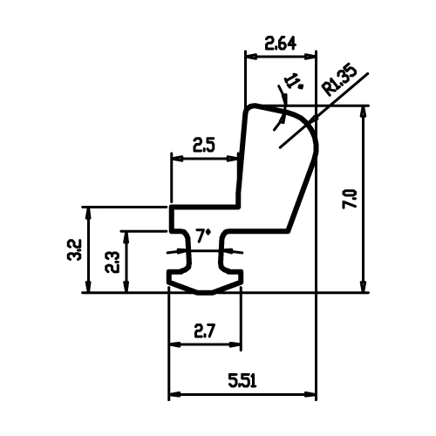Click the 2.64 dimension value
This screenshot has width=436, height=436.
(x=281, y=44)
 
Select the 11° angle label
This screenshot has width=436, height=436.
(x=294, y=80)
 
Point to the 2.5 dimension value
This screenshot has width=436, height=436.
(x=204, y=146)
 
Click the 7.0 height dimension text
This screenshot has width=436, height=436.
(x=350, y=199)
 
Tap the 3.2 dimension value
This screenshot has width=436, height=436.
(x=73, y=249)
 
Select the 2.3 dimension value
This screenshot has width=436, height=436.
(x=112, y=262)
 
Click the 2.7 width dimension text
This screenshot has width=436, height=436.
(x=205, y=331)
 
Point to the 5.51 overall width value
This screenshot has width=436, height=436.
(x=242, y=381)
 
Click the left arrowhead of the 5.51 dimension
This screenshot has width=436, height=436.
(x=174, y=395)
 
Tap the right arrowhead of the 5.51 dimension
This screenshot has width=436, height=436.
(x=310, y=395)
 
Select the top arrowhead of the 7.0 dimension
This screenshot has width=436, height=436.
(x=363, y=112)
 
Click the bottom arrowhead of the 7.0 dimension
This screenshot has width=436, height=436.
(x=363, y=287)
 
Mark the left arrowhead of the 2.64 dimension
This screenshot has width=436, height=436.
(x=251, y=57)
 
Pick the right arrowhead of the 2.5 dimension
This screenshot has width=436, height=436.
(x=233, y=159)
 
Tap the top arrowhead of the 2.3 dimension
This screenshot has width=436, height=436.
(x=126, y=237)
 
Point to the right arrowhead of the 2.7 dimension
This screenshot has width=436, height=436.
(x=235, y=344)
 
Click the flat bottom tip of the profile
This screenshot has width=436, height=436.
(x=206, y=293)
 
